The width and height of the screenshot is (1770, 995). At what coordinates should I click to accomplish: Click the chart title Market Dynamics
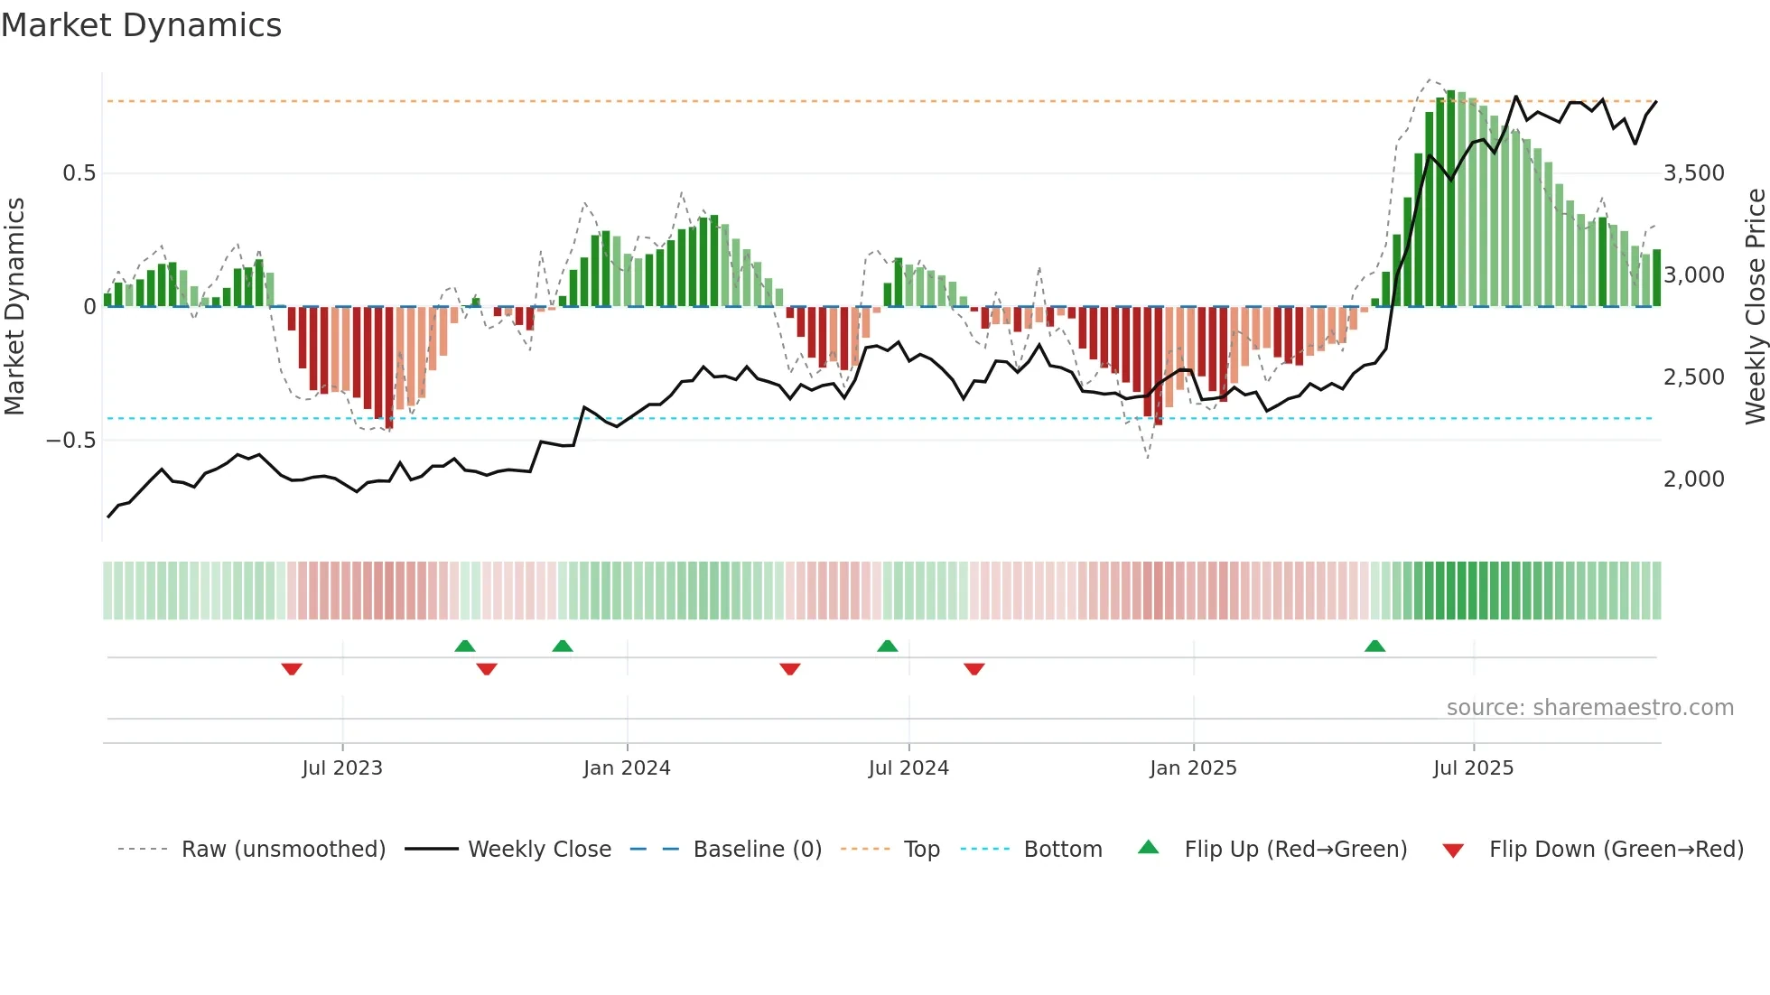[x=141, y=25]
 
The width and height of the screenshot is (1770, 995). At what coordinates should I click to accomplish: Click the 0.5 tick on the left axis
[x=79, y=173]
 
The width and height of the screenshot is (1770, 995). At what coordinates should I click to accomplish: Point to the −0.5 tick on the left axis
[x=71, y=441]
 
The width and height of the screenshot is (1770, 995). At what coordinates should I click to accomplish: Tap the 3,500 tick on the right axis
[x=1693, y=173]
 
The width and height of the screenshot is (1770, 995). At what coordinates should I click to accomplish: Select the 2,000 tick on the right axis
[x=1693, y=479]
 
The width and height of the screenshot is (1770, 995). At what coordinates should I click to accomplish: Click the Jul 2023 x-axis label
[x=342, y=768]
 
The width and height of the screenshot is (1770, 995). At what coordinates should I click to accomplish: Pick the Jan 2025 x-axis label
[x=1193, y=768]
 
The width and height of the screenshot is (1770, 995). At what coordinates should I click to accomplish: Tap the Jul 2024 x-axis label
[x=908, y=768]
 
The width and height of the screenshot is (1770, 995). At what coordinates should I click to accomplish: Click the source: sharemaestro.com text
[x=1589, y=708]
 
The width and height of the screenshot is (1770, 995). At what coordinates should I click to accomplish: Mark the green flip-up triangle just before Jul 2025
[x=1374, y=646]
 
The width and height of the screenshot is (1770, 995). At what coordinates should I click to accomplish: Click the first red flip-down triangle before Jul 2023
[x=292, y=669]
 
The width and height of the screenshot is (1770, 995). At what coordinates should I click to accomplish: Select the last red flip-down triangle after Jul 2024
[x=973, y=669]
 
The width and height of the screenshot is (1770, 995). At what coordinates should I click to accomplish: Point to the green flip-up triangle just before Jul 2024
[x=888, y=646]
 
